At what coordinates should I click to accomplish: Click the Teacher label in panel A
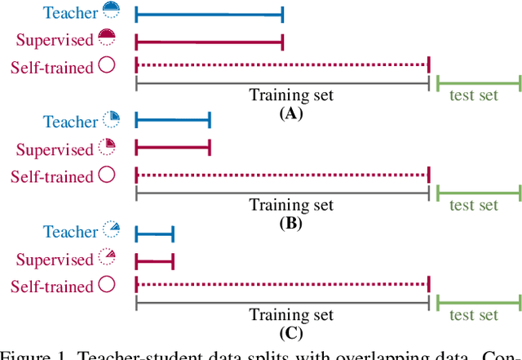pos(70,12)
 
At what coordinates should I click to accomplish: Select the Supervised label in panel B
pos(55,149)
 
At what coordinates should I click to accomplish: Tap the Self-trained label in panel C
pos(51,287)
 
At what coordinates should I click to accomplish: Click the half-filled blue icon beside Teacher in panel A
pos(112,11)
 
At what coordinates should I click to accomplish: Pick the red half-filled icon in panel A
pos(107,38)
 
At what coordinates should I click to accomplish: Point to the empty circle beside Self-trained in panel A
pos(107,65)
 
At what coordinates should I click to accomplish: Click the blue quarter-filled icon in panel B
pos(111,120)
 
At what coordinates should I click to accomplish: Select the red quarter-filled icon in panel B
pos(107,147)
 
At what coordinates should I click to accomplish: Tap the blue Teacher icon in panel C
pos(111,230)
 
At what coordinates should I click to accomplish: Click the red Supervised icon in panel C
pos(107,257)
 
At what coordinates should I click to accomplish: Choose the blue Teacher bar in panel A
pos(209,14)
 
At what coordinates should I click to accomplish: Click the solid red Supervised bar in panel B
pos(172,149)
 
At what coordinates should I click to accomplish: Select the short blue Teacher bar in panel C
pos(154,235)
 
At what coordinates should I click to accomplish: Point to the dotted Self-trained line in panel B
pos(281,175)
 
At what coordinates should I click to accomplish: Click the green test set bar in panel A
pos(478,82)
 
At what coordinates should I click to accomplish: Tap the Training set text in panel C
pos(291,315)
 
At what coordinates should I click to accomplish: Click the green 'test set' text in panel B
pos(473,205)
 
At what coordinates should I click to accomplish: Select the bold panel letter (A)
pos(290,113)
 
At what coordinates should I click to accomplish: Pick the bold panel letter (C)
pos(290,333)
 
